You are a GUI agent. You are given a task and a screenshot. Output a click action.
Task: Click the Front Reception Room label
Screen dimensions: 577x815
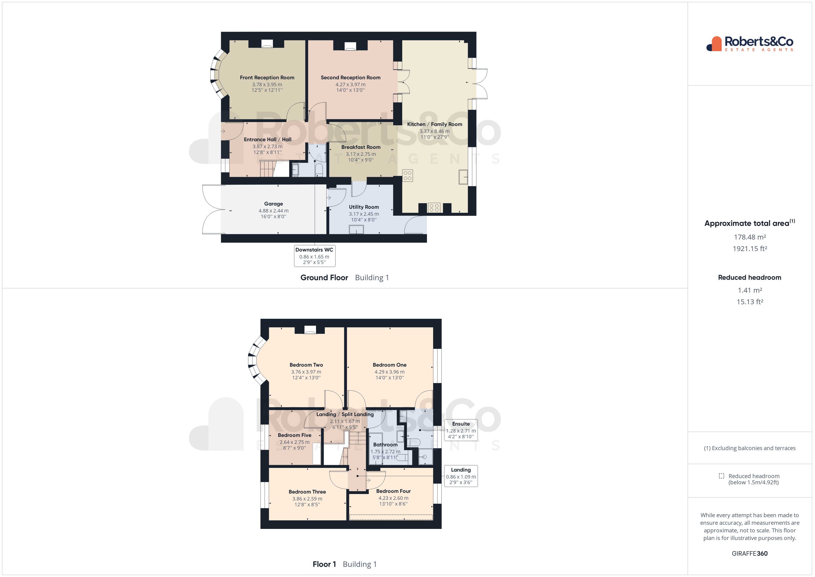pos(267,77)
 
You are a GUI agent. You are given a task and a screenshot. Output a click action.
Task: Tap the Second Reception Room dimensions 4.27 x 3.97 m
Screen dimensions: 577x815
pos(350,85)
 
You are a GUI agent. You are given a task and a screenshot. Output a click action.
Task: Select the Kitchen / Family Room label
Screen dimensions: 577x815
pos(435,124)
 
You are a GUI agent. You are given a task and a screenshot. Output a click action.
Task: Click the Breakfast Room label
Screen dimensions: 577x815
pos(361,147)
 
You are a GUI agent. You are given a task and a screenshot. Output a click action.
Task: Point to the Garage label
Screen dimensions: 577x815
pos(273,204)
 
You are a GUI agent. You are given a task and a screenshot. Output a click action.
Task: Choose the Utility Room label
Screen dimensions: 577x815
pos(363,207)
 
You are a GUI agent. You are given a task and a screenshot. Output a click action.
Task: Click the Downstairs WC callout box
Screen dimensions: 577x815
pos(314,256)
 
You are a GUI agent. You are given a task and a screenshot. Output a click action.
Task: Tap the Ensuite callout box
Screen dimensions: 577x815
pos(461,430)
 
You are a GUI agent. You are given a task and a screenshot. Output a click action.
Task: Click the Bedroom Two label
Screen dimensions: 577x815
pos(306,365)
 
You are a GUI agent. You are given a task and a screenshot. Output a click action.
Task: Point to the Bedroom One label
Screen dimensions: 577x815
pos(389,365)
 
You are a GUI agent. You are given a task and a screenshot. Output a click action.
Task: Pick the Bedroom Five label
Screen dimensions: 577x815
pos(294,435)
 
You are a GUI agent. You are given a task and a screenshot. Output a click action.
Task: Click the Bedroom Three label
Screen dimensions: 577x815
pos(307,492)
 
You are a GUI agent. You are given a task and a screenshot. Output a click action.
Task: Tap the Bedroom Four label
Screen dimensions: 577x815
pos(393,491)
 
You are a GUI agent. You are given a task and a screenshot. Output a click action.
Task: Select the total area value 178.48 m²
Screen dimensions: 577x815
pos(750,237)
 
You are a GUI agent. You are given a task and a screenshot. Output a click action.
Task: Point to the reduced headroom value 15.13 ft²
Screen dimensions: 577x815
pos(750,302)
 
